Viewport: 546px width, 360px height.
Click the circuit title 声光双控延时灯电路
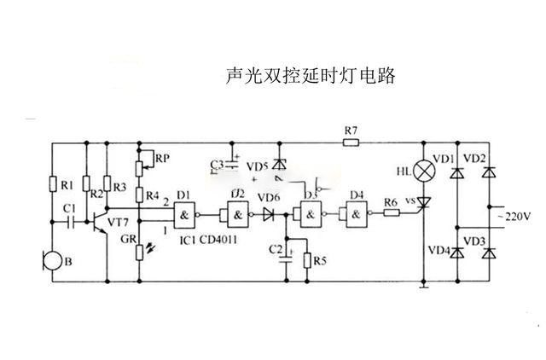(x=310, y=76)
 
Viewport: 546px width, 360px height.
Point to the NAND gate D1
(x=184, y=213)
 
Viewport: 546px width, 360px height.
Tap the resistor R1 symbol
(x=53, y=185)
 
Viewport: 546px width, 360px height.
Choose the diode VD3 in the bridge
(x=488, y=253)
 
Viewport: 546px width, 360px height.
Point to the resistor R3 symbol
(x=106, y=185)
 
